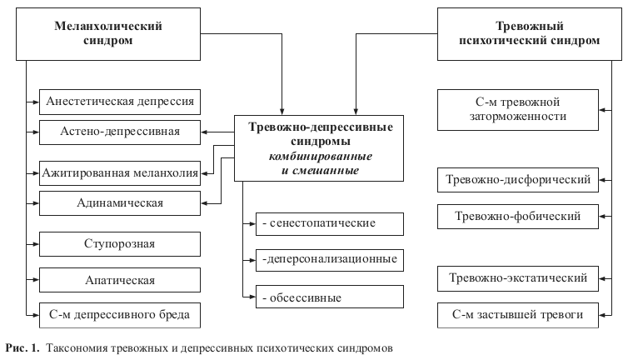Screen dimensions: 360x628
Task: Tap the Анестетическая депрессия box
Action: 120,102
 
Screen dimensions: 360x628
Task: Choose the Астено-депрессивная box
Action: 120,132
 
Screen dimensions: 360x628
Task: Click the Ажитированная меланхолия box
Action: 120,174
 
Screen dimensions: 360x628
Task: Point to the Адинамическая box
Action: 120,202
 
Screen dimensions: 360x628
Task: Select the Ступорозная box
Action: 120,244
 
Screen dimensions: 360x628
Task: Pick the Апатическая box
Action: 120,281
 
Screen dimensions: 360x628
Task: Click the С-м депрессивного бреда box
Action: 120,315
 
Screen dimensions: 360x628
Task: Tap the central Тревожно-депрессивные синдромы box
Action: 321,148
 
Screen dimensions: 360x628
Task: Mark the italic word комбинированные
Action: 320,157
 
